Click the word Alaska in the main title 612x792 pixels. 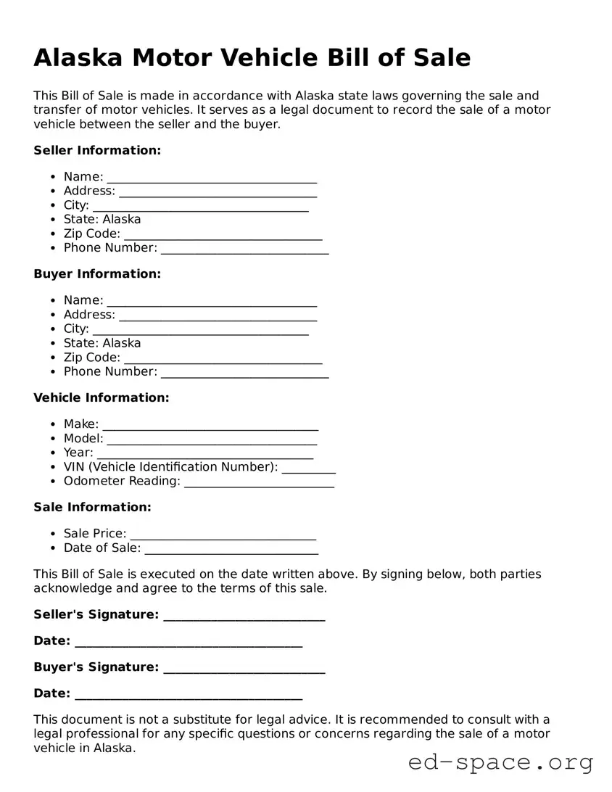click(x=77, y=57)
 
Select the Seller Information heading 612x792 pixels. click(x=97, y=151)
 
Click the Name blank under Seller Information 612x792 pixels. click(x=212, y=178)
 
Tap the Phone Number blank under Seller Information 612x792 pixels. click(x=244, y=249)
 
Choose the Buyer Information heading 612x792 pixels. click(x=97, y=274)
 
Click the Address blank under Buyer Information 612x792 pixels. click(x=218, y=316)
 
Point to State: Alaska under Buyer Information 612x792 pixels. click(x=102, y=343)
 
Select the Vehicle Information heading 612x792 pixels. click(x=101, y=398)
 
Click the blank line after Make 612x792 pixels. click(x=210, y=426)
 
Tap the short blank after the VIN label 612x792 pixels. click(x=308, y=469)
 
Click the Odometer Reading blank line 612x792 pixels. click(x=259, y=482)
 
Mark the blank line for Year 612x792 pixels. click(x=205, y=454)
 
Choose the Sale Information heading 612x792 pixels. click(x=92, y=508)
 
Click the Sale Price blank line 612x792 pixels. click(x=223, y=535)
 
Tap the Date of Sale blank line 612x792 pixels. click(x=231, y=550)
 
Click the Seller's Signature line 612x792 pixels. click(x=244, y=616)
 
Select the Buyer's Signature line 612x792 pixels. click(x=244, y=669)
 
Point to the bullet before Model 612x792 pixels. click(x=54, y=439)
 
